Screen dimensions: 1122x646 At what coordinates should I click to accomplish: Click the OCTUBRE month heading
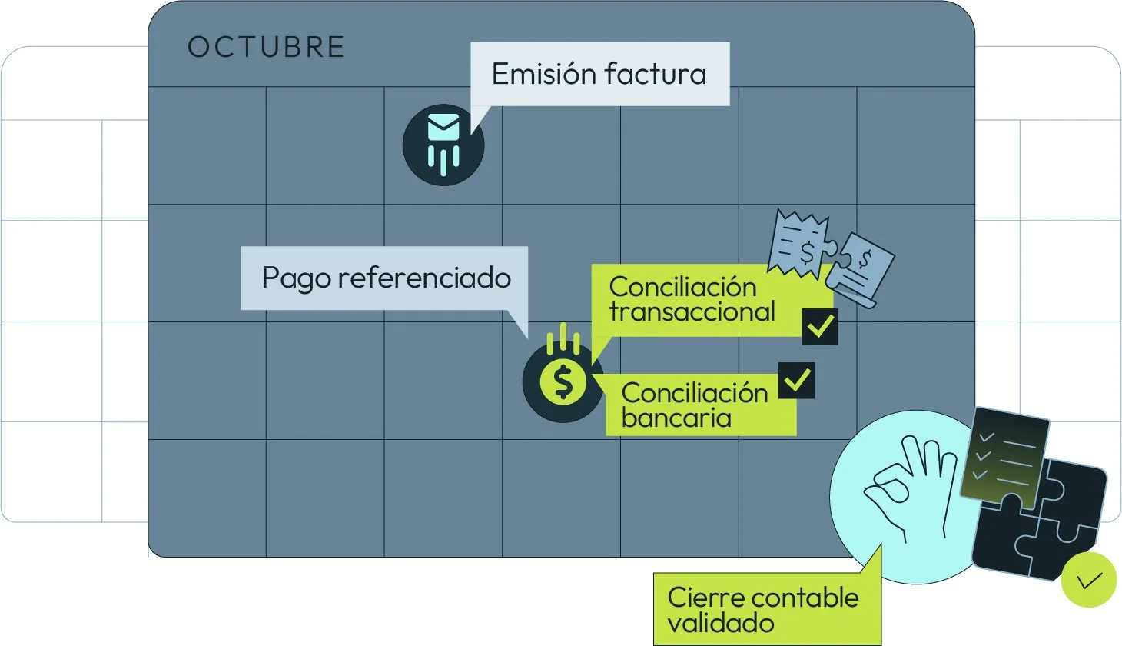(x=266, y=48)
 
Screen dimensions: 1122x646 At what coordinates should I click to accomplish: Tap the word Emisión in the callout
(x=543, y=74)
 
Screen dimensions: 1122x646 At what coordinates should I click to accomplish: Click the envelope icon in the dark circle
(x=443, y=128)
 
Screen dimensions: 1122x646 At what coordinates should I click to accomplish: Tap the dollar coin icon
(x=563, y=381)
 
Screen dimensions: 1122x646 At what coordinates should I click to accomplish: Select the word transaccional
(x=692, y=312)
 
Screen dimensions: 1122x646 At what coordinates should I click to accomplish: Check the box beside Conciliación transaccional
(x=819, y=326)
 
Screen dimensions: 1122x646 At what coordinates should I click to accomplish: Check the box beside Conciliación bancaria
(x=796, y=380)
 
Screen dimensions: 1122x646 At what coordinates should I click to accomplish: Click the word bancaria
(x=676, y=418)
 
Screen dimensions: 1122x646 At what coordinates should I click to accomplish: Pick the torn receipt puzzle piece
(x=799, y=242)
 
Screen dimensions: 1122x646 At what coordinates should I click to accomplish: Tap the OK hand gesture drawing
(x=907, y=481)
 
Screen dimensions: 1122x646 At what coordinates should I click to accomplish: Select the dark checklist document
(x=1003, y=455)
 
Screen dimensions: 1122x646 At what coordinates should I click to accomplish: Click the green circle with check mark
(x=1088, y=580)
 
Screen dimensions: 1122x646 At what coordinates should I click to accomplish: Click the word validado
(x=720, y=623)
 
